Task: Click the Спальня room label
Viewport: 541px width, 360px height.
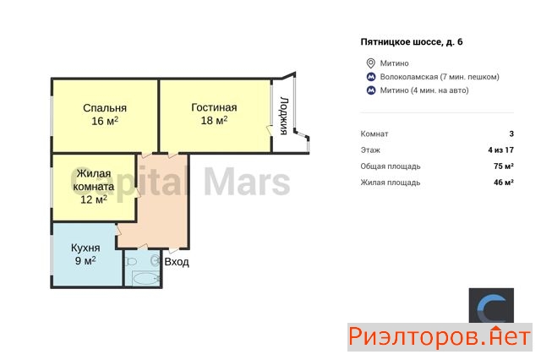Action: click(105, 108)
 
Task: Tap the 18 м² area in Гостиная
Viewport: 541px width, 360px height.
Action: click(214, 120)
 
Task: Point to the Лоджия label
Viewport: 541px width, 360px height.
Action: click(284, 116)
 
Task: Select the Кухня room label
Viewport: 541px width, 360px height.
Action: click(85, 248)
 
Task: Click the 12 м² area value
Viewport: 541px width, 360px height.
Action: click(94, 199)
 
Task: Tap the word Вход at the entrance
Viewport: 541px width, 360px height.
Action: click(177, 262)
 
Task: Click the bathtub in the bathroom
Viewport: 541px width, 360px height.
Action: click(145, 278)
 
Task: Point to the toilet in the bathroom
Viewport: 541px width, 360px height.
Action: click(131, 261)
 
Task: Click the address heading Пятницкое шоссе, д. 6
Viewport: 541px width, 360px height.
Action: click(412, 42)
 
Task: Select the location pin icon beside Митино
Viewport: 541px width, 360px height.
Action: click(370, 63)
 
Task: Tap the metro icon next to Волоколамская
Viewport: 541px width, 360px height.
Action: click(371, 77)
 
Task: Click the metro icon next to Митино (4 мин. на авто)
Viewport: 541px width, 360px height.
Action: click(371, 90)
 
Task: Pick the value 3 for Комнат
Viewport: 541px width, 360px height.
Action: click(511, 134)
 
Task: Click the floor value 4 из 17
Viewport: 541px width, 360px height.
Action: click(501, 150)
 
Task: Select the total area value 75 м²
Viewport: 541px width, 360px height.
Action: click(504, 166)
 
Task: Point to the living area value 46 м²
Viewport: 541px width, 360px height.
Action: click(504, 183)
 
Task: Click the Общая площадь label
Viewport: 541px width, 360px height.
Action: click(391, 166)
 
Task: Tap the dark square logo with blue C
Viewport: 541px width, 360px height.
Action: click(491, 306)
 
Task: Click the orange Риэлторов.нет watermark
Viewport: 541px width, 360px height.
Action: click(440, 337)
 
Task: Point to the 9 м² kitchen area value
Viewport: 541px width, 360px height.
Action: click(85, 260)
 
